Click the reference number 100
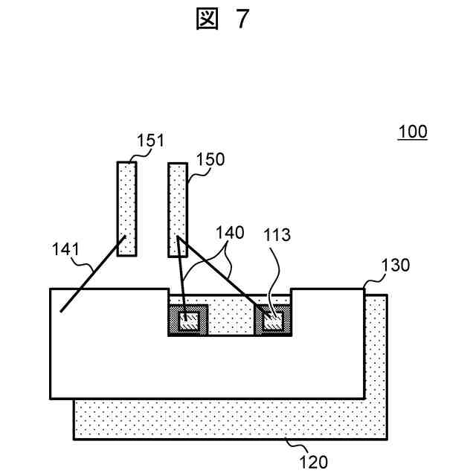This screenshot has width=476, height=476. click(412, 132)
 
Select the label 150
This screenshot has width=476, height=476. click(210, 159)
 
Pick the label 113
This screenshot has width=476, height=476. click(277, 236)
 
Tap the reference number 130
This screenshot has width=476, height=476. click(395, 266)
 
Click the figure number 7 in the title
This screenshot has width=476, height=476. click(242, 20)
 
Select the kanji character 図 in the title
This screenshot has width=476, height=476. click(208, 20)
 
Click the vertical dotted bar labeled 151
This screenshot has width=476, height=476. click(127, 208)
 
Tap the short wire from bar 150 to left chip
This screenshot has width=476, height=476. click(181, 279)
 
